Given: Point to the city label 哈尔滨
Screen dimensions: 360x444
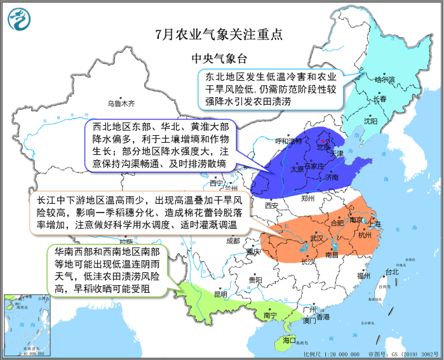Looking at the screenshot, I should tap(384, 80).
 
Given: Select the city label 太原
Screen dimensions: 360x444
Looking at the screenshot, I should tap(297, 169).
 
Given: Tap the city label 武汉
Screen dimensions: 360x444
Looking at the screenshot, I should tap(316, 238).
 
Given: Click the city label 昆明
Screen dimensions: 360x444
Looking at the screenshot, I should tap(220, 294).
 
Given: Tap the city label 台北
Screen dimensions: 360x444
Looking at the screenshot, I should tap(392, 272).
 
